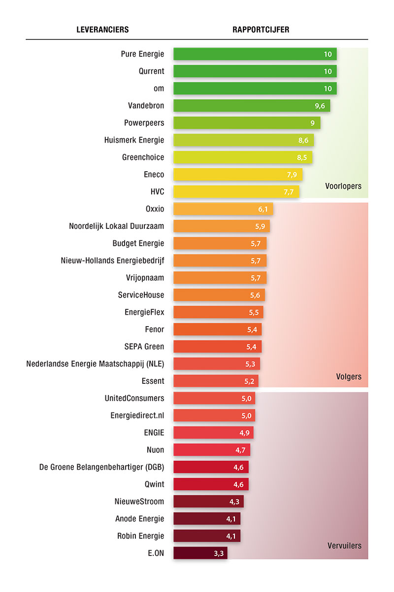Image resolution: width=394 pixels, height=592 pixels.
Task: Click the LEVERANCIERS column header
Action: pos(102,30)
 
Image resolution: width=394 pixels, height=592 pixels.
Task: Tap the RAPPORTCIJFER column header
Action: pos(261,30)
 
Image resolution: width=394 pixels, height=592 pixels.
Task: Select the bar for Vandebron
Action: pos(251,106)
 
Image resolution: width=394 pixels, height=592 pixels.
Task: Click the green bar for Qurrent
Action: pos(255,71)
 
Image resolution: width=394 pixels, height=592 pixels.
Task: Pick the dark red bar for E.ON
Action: pos(200,553)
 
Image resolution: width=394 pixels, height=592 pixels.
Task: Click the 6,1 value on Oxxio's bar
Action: pos(263,209)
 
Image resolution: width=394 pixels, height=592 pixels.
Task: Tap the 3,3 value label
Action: pos(219,554)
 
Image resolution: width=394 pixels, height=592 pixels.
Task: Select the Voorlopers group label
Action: pos(343,186)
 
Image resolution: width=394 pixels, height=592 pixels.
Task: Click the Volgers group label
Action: pos(348,377)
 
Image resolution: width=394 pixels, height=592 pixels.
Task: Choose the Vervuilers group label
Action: pos(345,546)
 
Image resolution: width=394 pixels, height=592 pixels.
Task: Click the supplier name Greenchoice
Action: pos(143,157)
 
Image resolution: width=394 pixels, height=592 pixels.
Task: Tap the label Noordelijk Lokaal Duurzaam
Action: pos(117,226)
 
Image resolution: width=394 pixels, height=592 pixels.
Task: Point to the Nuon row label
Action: pos(156,450)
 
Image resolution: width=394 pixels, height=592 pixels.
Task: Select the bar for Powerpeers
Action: pos(246,123)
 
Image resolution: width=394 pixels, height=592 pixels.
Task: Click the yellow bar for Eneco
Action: pos(237,175)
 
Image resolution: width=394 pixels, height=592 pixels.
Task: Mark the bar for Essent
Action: pos(215,381)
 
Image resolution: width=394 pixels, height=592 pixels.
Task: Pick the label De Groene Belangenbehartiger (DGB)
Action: pos(102,467)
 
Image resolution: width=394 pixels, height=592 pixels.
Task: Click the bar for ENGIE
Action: pos(213,433)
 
